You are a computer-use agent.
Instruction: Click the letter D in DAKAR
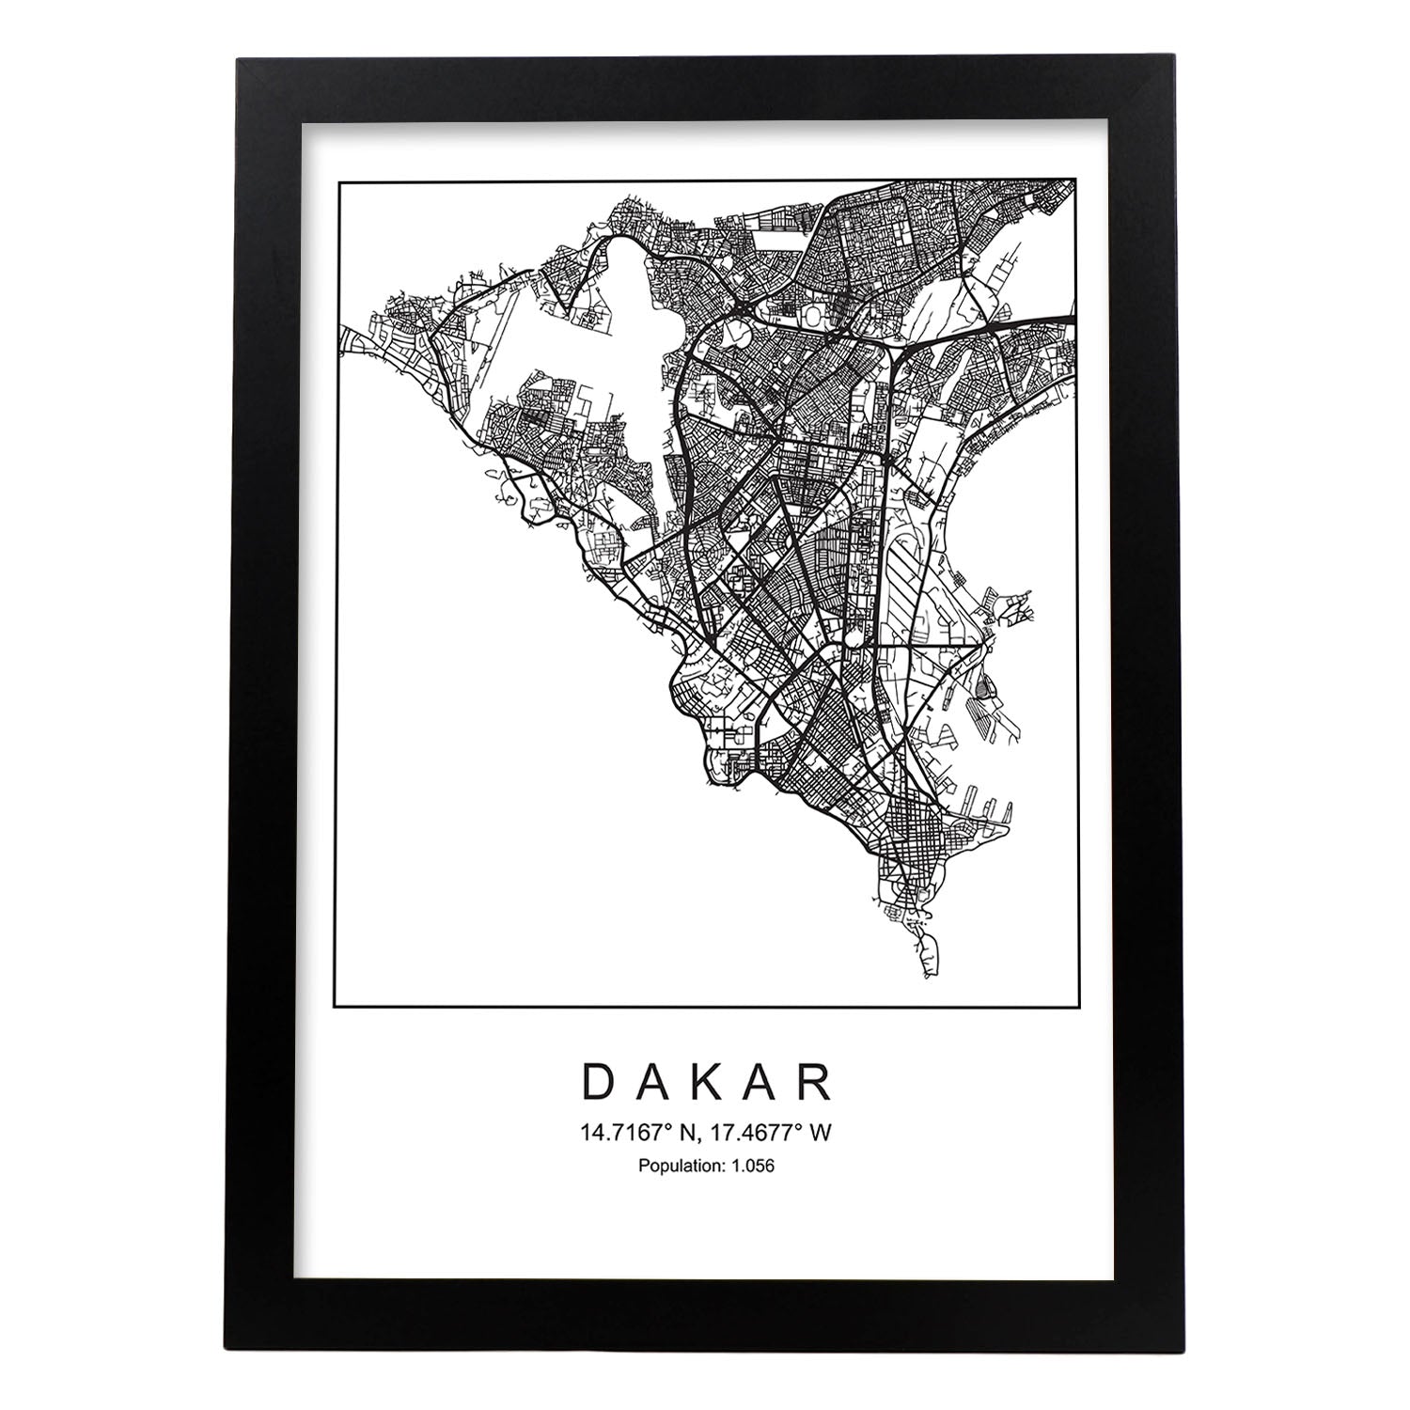point(600,1083)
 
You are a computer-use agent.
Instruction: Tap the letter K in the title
point(707,1083)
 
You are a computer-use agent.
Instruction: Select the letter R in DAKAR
point(815,1083)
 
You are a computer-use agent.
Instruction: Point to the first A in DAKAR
point(653,1083)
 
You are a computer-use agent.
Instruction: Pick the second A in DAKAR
point(761,1083)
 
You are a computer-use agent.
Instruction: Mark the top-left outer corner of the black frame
point(236,59)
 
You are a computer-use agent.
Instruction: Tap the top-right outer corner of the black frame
point(1173,59)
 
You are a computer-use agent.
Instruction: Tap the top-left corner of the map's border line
point(337,179)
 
